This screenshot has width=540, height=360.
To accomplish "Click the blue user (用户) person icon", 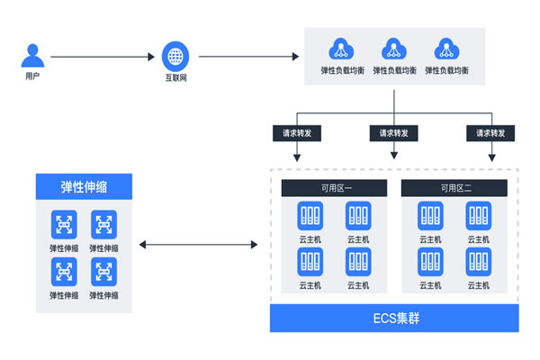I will click(32, 57).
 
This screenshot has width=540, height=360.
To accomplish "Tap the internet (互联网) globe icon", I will click(175, 56).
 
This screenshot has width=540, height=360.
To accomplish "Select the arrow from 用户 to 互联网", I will click(103, 58).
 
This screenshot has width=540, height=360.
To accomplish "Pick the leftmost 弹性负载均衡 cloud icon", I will click(343, 49).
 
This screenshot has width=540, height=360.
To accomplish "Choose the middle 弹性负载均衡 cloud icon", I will click(394, 49).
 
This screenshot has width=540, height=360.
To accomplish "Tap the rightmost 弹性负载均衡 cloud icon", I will click(445, 49).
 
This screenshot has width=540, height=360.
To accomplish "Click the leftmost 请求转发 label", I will click(296, 132).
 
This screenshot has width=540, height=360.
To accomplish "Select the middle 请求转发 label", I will click(394, 132).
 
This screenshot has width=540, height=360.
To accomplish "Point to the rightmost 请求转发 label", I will click(490, 132).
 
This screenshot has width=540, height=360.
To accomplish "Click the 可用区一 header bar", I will click(334, 188).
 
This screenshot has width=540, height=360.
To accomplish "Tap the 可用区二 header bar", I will click(454, 188).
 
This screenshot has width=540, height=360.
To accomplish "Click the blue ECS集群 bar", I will click(394, 318).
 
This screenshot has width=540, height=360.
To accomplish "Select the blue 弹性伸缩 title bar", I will click(84, 186).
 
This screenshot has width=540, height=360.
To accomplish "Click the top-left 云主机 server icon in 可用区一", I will click(310, 216).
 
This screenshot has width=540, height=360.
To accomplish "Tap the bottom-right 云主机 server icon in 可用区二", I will click(478, 262).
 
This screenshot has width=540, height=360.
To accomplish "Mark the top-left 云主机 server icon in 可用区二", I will click(430, 216).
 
